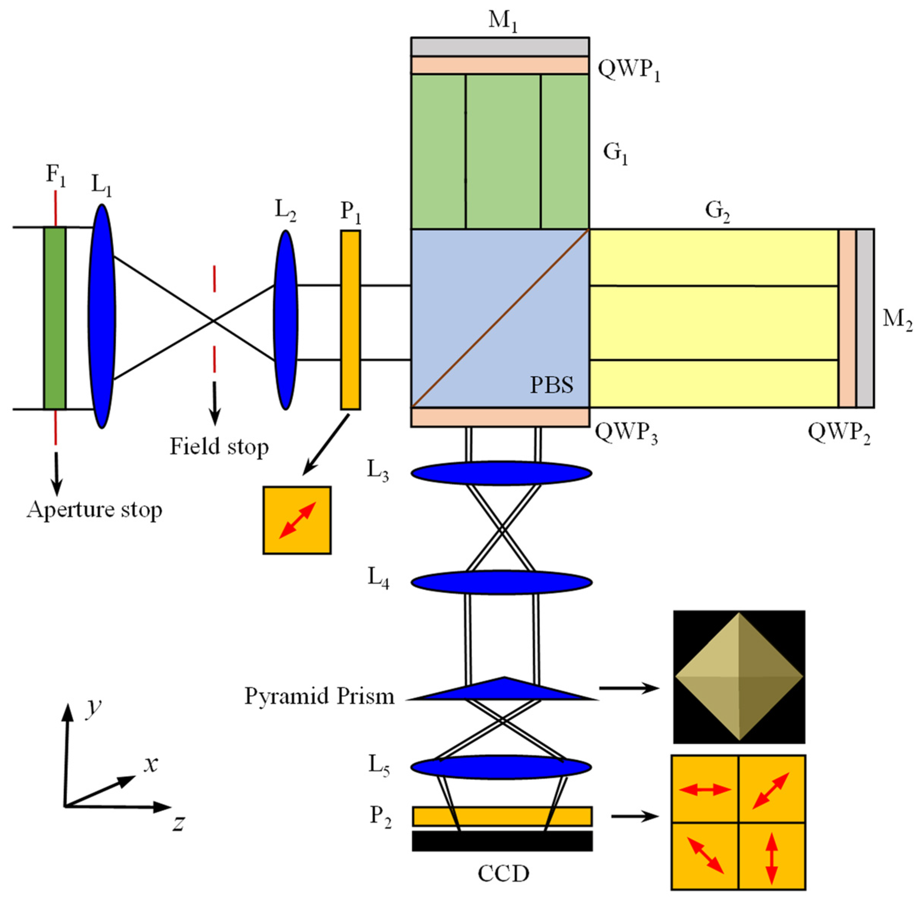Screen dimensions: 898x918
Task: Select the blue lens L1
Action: [x=101, y=316]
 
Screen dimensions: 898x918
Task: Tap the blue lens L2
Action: [x=285, y=320]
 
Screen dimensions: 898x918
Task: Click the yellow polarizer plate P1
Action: [x=350, y=320]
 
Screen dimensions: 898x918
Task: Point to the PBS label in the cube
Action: [x=551, y=385]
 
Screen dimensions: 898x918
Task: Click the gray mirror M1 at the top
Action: [x=500, y=47]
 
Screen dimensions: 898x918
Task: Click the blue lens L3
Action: [x=501, y=473]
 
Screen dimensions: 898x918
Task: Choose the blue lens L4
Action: [x=501, y=582]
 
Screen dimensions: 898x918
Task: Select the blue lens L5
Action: [x=501, y=767]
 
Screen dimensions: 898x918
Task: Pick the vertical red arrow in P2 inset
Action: [x=771, y=858]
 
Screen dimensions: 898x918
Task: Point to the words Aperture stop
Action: [x=94, y=510]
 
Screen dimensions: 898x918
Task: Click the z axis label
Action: [x=178, y=823]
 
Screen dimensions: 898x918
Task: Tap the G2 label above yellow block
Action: [x=717, y=211]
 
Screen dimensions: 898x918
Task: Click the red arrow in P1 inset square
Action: [x=297, y=520]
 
